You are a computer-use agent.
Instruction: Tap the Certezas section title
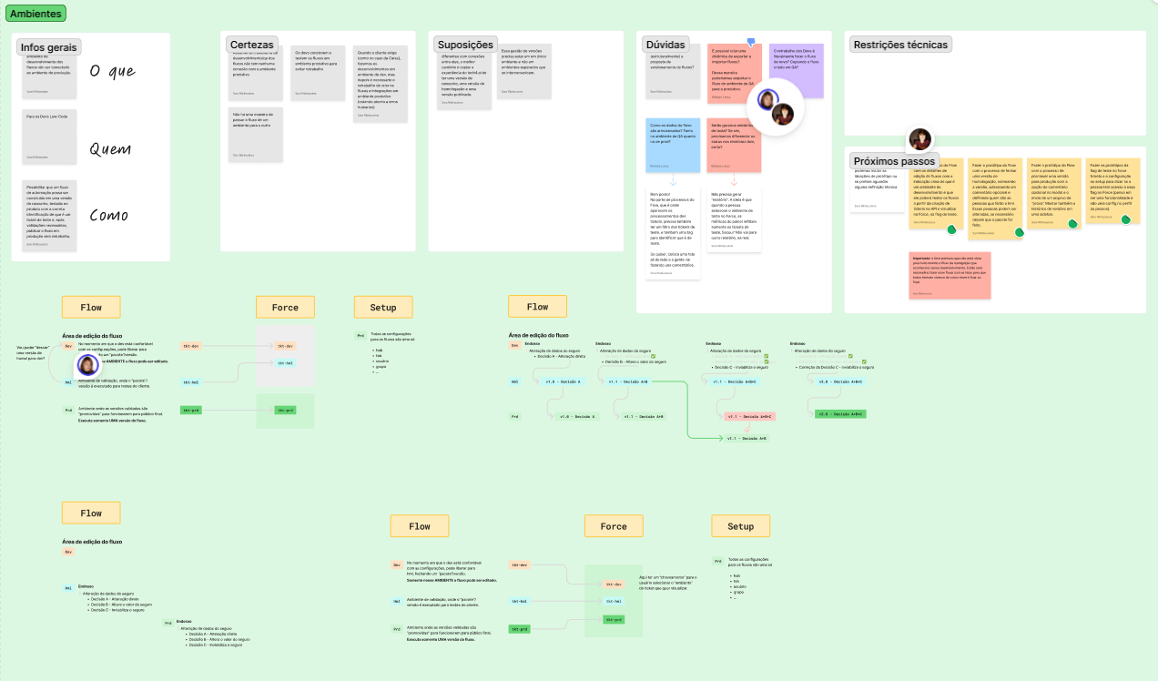point(251,45)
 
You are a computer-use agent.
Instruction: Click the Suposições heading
point(464,45)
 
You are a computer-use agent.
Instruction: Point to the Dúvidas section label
point(665,45)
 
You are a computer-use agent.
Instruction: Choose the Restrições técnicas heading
point(901,45)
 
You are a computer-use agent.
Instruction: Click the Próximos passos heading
point(894,161)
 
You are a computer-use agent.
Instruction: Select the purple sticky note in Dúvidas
point(797,70)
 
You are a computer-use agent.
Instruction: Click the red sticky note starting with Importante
point(950,275)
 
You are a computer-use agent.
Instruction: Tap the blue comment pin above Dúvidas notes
point(751,42)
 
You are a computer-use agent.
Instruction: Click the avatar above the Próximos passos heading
point(919,139)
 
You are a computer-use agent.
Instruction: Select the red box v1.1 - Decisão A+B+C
point(748,416)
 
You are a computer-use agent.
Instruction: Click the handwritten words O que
point(112,72)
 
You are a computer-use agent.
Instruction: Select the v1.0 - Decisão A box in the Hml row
point(563,382)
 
